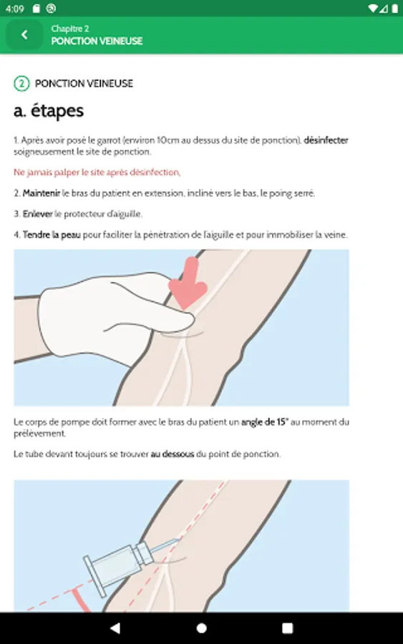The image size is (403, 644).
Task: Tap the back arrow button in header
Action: pos(24,35)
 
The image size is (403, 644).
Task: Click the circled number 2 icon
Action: pos(21,84)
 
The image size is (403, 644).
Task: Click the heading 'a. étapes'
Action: pos(49,112)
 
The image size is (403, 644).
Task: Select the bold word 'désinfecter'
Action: pos(326,140)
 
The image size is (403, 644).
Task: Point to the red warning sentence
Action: pos(97,172)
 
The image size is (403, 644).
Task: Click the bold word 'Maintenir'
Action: pos(42,193)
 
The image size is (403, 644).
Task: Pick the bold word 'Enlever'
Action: pos(38,214)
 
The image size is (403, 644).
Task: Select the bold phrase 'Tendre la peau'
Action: pos(52,235)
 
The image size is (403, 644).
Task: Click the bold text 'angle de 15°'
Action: pos(265,421)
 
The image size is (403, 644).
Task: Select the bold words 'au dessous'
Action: pos(172,454)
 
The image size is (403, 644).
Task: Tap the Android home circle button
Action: pos(201,628)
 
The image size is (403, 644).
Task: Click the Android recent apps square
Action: pos(288,628)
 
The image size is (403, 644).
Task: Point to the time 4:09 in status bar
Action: pos(15,9)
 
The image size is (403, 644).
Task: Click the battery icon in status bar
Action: pos(394,9)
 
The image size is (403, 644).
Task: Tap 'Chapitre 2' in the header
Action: pos(70,29)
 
